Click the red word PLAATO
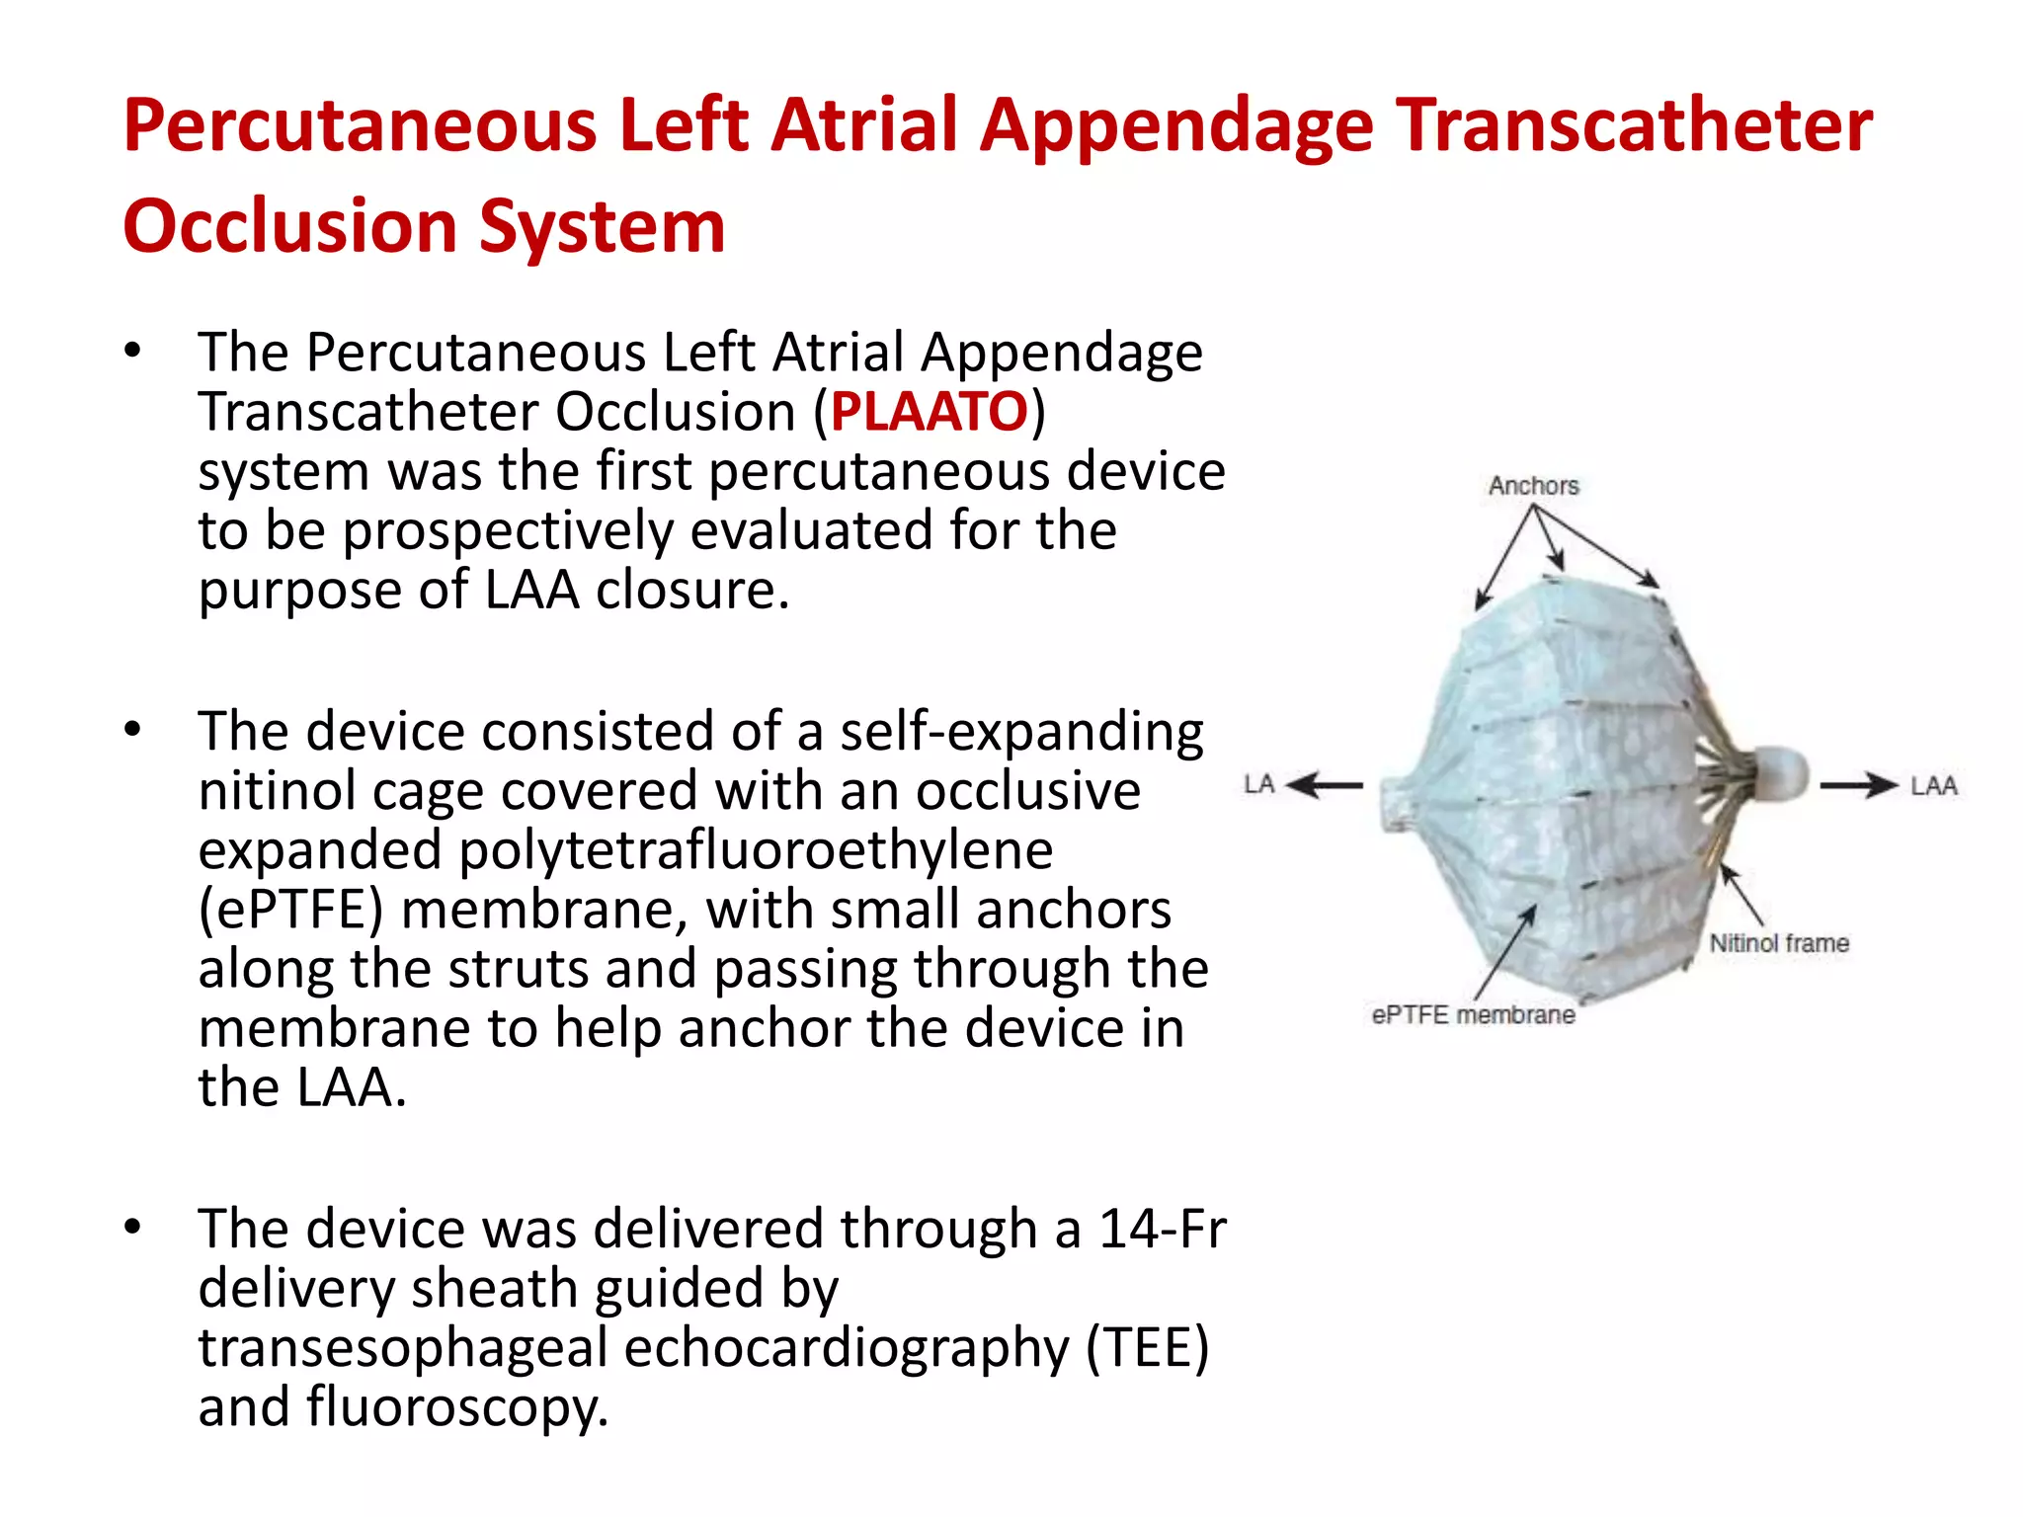929,412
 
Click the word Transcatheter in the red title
1635,126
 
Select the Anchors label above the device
1533,486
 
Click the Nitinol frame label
1779,943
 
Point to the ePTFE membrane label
1473,1015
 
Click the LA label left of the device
1259,785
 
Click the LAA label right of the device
1933,786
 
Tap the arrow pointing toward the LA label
1325,786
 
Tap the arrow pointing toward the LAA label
1859,786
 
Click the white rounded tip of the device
1779,773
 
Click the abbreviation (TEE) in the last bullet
1147,1348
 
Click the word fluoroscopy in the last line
456,1407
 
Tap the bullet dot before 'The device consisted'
133,731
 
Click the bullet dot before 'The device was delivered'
133,1228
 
